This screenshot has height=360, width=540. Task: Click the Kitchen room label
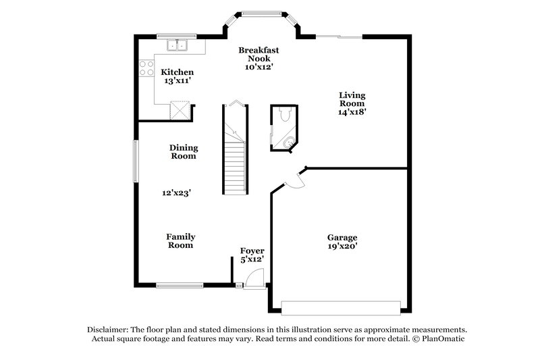pyautogui.click(x=177, y=72)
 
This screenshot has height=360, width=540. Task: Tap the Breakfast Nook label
pyautogui.click(x=259, y=55)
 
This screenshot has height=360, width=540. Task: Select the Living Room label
pyautogui.click(x=352, y=99)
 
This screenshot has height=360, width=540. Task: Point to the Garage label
pyautogui.click(x=342, y=237)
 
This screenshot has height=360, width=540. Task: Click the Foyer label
pyautogui.click(x=252, y=251)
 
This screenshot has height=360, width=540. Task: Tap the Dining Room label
pyautogui.click(x=182, y=151)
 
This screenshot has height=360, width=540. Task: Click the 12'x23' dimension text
pyautogui.click(x=176, y=192)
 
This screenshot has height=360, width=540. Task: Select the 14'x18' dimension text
pyautogui.click(x=352, y=113)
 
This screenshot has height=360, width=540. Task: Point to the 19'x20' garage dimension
pyautogui.click(x=342, y=247)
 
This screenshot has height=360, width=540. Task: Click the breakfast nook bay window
pyautogui.click(x=262, y=13)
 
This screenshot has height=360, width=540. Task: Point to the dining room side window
pyautogui.click(x=135, y=160)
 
